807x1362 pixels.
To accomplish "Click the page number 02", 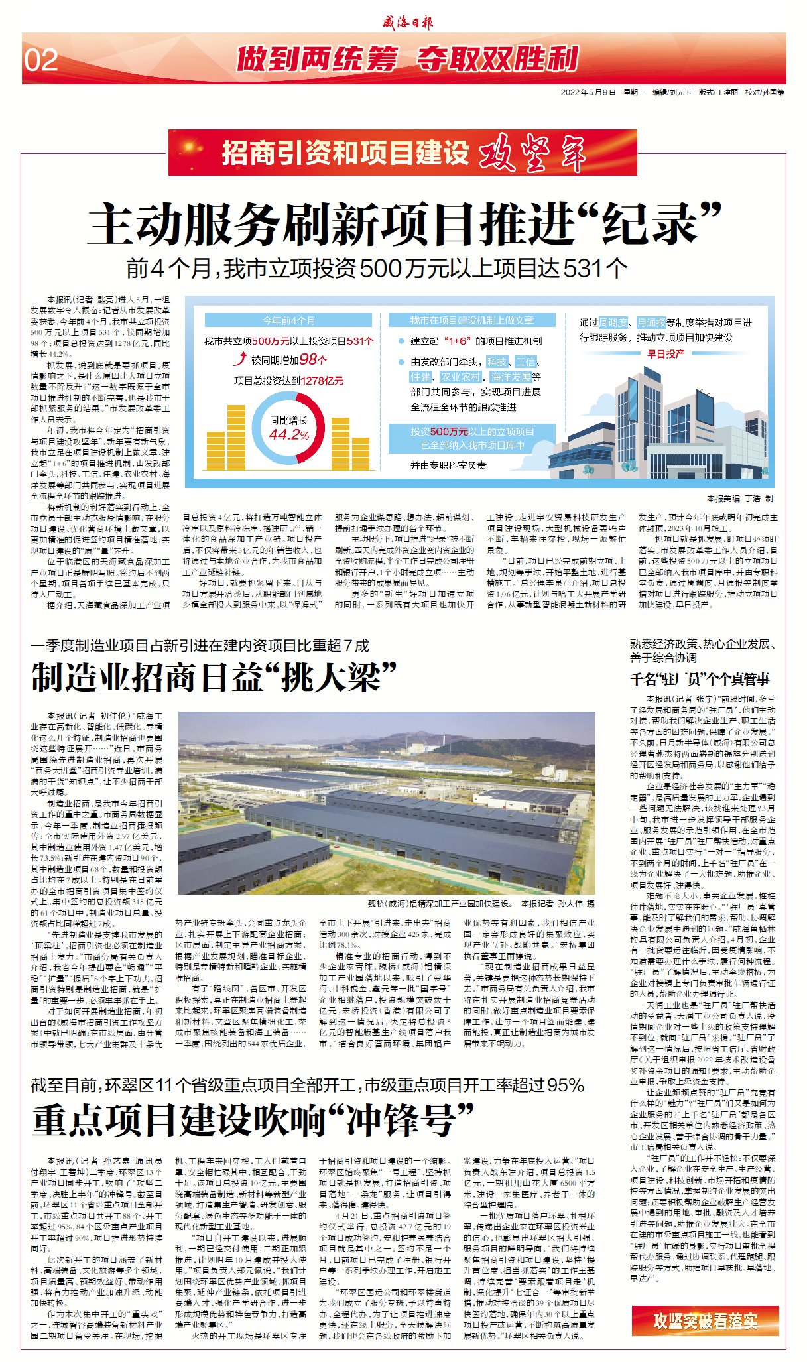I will pos(41,61).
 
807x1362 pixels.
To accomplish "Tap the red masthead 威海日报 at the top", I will pos(406,22).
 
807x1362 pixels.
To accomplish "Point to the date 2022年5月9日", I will pos(588,92).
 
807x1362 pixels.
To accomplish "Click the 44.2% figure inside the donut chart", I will pos(289,434).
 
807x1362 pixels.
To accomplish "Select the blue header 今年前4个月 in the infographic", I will pos(288,320).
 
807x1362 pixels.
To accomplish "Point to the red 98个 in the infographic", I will pos(313,359).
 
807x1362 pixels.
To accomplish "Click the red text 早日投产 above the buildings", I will pos(666,353).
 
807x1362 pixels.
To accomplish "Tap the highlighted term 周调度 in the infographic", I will pos(613,322).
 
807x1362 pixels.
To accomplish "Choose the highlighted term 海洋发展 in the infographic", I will pos(511,377).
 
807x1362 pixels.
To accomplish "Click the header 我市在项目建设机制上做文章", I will pos(471,320).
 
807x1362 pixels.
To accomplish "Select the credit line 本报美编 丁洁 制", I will pos(739,498).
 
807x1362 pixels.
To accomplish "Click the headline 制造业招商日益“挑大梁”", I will pos(214,677).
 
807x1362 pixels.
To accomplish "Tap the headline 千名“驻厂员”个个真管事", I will pos(700,679).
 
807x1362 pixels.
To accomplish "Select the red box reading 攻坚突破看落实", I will pos(705,1320).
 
